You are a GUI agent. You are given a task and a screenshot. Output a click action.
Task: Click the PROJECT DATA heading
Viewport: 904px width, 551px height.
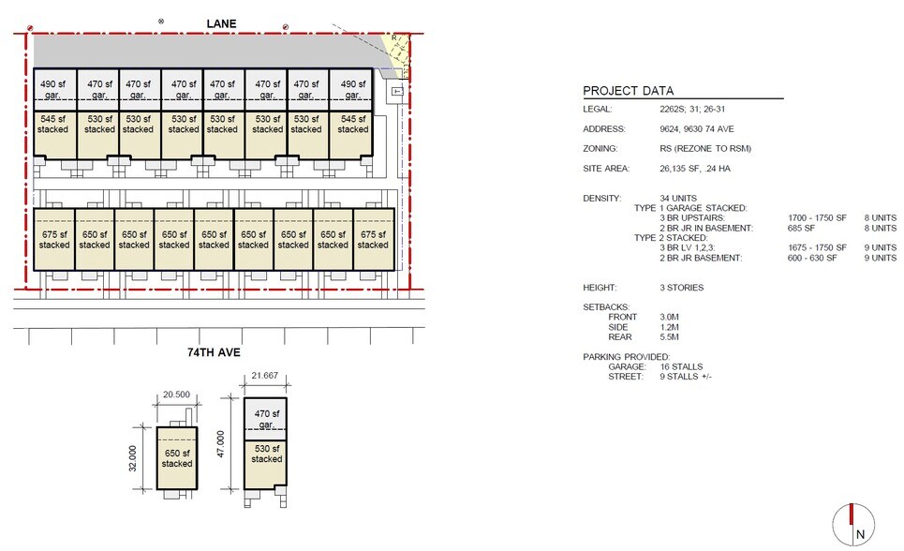[628, 91]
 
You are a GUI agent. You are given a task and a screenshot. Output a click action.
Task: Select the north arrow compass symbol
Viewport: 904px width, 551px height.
[852, 523]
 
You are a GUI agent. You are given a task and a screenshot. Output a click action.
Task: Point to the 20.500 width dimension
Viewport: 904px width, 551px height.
[177, 395]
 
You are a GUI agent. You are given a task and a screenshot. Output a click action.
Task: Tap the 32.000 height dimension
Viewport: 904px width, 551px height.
[135, 458]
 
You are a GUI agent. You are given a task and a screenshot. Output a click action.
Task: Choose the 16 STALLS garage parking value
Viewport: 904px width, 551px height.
[681, 367]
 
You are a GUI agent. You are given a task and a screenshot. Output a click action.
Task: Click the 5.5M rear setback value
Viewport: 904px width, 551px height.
[669, 337]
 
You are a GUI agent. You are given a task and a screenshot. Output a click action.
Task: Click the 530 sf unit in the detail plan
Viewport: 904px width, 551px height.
[267, 454]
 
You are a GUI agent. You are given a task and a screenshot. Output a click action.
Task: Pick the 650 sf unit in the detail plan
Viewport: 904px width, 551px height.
[177, 458]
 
